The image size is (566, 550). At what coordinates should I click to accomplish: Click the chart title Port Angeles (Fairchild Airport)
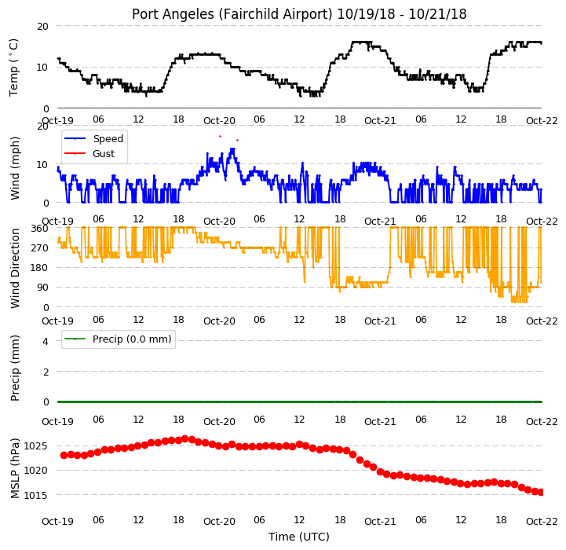[x=232, y=14]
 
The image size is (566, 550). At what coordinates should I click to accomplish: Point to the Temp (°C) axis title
[x=13, y=68]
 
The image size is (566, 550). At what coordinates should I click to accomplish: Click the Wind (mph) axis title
[x=14, y=168]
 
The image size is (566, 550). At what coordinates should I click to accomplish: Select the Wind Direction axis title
[x=15, y=268]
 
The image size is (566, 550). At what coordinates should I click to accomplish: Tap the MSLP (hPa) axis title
[x=14, y=468]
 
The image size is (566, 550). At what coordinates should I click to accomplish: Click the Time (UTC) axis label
[x=299, y=537]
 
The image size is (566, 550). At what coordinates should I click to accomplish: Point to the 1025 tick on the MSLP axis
[x=35, y=446]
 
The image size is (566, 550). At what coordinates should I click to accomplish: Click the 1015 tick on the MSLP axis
[x=35, y=495]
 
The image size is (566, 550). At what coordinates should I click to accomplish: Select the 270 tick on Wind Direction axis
[x=39, y=248]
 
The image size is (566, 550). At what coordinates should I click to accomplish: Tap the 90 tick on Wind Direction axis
[x=42, y=288]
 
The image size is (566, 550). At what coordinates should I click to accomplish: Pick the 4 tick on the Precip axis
[x=45, y=341]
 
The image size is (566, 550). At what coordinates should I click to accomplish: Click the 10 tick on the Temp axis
[x=42, y=68]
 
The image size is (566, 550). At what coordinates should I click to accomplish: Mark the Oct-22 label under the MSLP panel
[x=542, y=522]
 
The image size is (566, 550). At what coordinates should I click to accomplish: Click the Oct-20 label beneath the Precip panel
[x=219, y=422]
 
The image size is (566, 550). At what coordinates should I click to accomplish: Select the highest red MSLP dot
[x=185, y=439]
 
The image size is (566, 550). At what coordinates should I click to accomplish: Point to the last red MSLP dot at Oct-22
[x=541, y=492]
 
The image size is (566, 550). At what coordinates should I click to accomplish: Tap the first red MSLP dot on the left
[x=64, y=456]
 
